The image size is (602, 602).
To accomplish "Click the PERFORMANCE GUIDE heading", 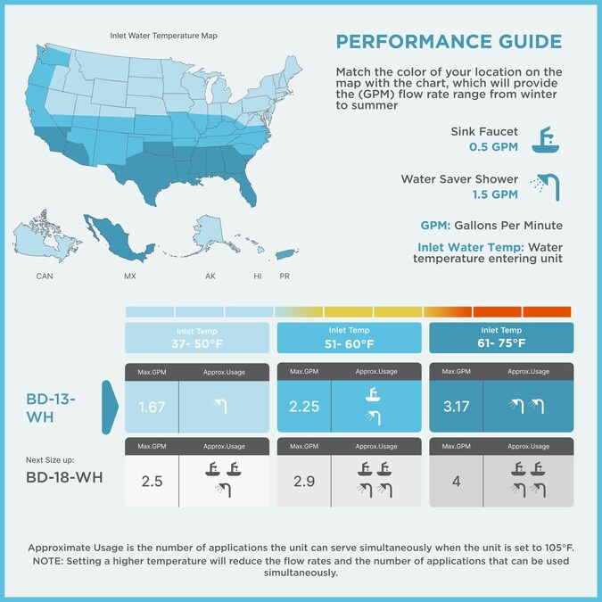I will pos(449,42).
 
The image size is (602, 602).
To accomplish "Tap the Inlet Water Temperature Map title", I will pos(163,37).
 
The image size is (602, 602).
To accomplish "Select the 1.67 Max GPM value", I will pos(151,408).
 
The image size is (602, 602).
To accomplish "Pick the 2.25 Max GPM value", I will pos(304,408).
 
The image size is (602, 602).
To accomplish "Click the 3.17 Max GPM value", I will pos(456,408).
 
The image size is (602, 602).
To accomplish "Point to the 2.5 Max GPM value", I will pos(151,481).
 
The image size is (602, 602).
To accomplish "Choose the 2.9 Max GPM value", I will pos(304,481).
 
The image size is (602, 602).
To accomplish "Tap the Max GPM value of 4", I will pos(456,481).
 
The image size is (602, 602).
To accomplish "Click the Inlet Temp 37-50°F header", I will pos(196,337).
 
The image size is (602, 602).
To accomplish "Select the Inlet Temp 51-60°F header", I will pos(349,337).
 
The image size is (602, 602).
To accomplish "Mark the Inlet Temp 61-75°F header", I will pos(501,337).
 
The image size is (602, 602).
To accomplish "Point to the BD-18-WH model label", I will pos(64,477).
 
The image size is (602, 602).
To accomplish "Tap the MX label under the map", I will pos(129,276).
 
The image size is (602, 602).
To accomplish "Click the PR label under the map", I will pos(285,276).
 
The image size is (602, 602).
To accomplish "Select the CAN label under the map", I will pos(45,276).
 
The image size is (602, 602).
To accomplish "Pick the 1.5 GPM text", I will pos(494,194).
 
